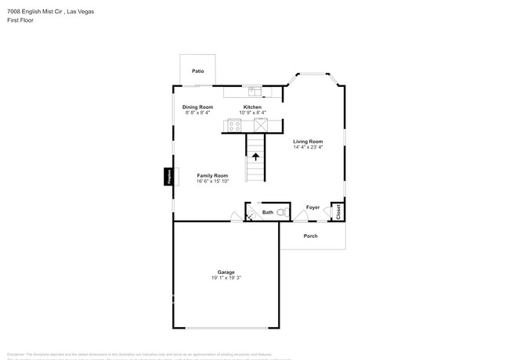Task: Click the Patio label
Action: click(x=198, y=71)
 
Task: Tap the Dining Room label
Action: click(x=197, y=106)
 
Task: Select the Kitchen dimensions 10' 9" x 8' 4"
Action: click(x=252, y=113)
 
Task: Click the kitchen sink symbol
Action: click(x=252, y=91)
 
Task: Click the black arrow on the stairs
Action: click(x=255, y=157)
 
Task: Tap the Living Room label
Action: click(x=308, y=141)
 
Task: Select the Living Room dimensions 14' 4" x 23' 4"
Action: click(x=308, y=147)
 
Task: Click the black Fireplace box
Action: click(x=168, y=178)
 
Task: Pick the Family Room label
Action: click(x=212, y=175)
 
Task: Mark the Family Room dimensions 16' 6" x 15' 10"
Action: click(x=212, y=182)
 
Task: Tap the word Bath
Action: click(x=267, y=212)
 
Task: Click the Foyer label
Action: click(x=312, y=207)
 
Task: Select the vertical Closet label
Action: click(x=338, y=211)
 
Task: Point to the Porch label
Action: click(x=310, y=236)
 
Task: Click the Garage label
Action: click(x=226, y=272)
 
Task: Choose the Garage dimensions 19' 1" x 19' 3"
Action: click(x=226, y=278)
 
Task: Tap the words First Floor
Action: click(x=20, y=20)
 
